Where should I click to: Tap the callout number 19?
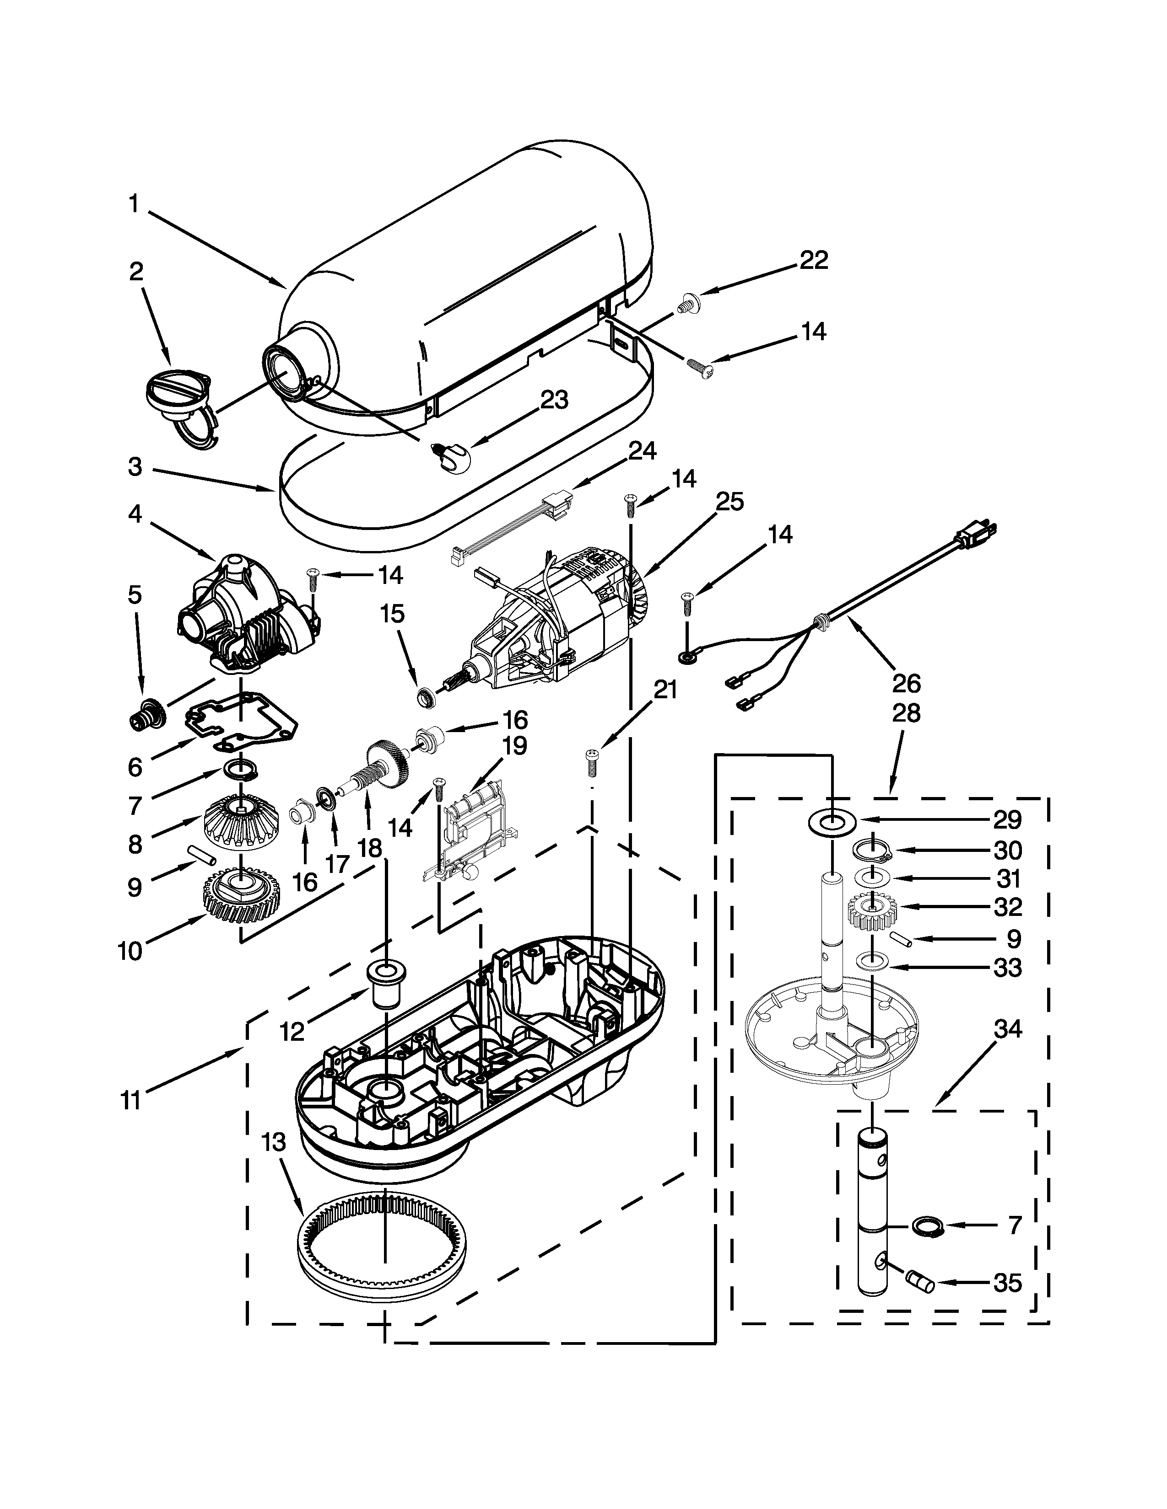tap(514, 745)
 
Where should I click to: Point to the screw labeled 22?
tap(688, 303)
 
